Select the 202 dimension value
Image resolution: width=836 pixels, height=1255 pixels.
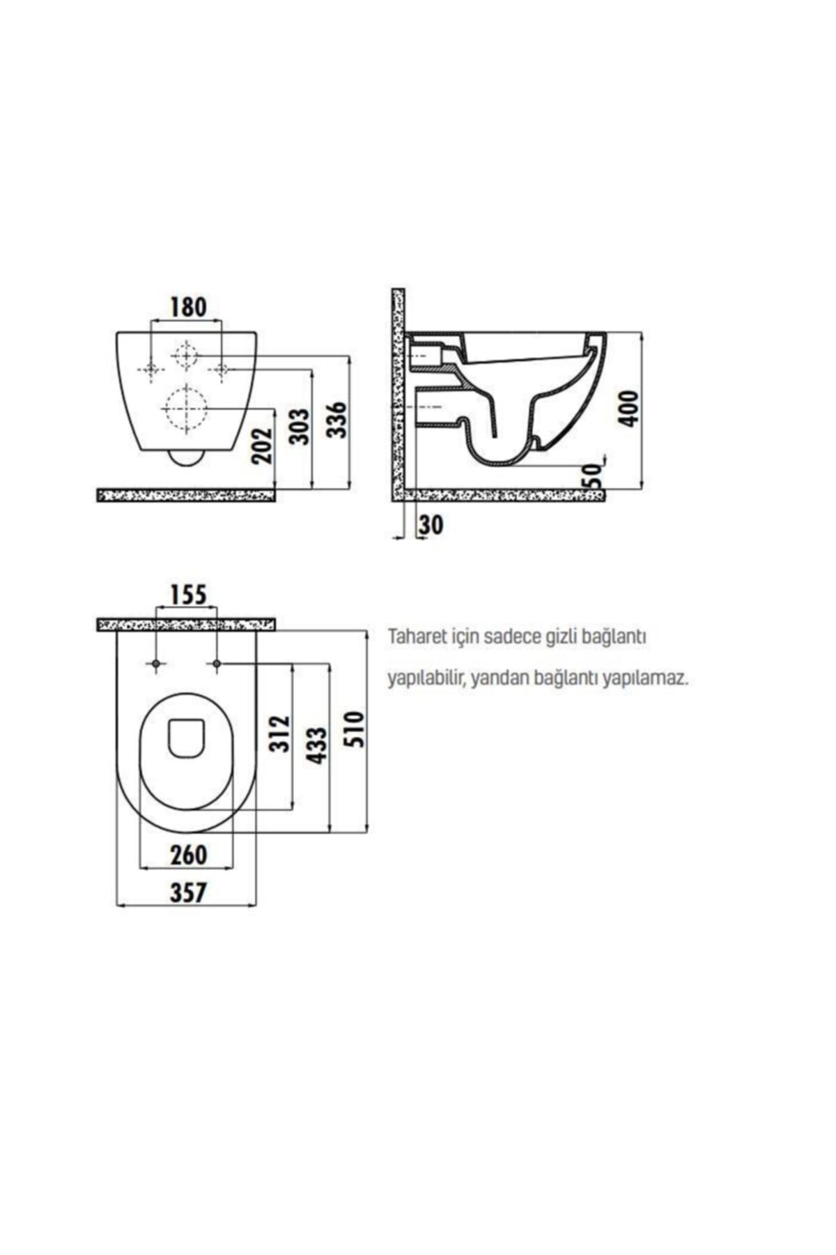tap(261, 445)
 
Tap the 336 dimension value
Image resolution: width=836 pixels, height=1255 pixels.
tap(337, 419)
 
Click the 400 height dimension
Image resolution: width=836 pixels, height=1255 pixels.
tap(628, 409)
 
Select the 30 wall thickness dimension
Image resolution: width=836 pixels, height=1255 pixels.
tap(431, 525)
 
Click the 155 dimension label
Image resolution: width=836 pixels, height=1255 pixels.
tap(187, 595)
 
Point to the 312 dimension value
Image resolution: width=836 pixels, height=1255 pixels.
tap(279, 733)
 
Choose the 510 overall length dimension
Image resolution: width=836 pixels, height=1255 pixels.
tap(355, 729)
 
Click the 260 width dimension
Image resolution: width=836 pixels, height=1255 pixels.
tap(188, 855)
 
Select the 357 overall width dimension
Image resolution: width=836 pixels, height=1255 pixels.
tap(188, 892)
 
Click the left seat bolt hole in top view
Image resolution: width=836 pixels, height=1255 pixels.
tap(156, 663)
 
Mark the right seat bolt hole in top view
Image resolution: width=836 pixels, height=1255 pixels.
tap(217, 663)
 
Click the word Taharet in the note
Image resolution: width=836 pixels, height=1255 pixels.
tap(412, 637)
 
